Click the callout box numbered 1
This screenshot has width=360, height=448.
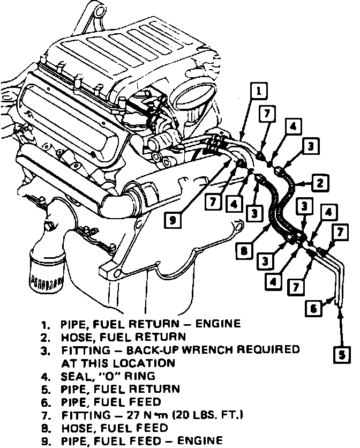click(259, 91)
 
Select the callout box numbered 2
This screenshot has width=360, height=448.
click(319, 183)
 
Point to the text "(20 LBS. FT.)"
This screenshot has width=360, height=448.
click(199, 414)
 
